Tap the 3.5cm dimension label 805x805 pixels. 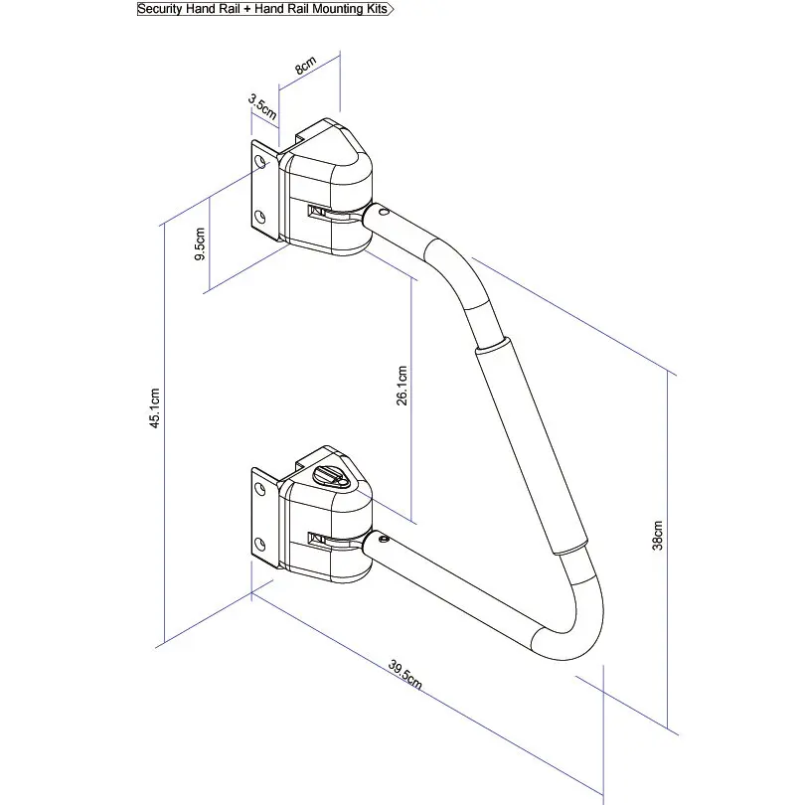point(260,103)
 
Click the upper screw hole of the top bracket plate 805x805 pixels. point(259,160)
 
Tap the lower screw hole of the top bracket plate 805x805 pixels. point(259,216)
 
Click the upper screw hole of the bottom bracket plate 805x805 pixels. point(259,487)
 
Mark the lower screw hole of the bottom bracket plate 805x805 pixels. point(259,543)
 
